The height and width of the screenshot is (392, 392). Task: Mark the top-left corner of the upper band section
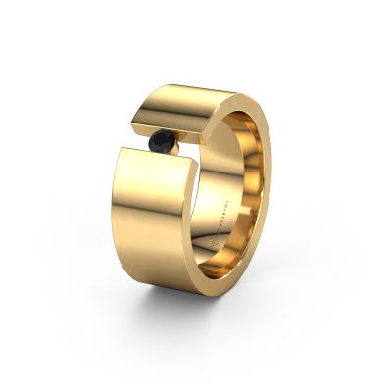(137, 89)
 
